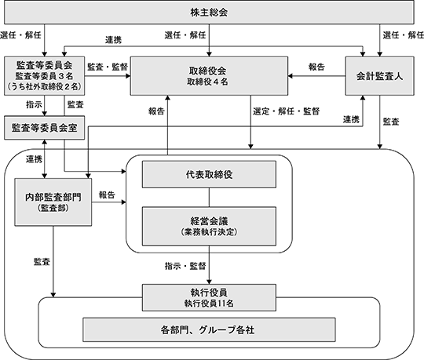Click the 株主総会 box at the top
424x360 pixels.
pos(209,12)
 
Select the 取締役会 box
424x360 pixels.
pos(209,76)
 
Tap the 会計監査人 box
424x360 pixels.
pos(380,76)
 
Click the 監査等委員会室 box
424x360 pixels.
pos(44,128)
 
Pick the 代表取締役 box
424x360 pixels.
pos(209,174)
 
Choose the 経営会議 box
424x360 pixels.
pos(209,227)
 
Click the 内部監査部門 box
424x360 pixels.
pos(53,202)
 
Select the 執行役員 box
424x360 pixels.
pos(209,297)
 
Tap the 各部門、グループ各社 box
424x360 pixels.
pos(209,329)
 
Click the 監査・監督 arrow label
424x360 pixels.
pos(108,67)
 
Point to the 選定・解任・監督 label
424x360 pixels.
pos(287,111)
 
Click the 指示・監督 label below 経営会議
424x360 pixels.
pos(185,267)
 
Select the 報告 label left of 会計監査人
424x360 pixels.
pos(316,67)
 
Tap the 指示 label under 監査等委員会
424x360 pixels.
pos(34,104)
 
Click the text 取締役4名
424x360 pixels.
pos(207,82)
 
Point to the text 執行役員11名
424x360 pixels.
pos(209,304)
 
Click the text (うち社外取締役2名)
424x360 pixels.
pos(44,86)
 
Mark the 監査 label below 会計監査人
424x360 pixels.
pos(391,122)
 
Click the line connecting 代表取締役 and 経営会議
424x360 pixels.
pos(209,198)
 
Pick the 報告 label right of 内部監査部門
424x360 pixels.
pos(107,195)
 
